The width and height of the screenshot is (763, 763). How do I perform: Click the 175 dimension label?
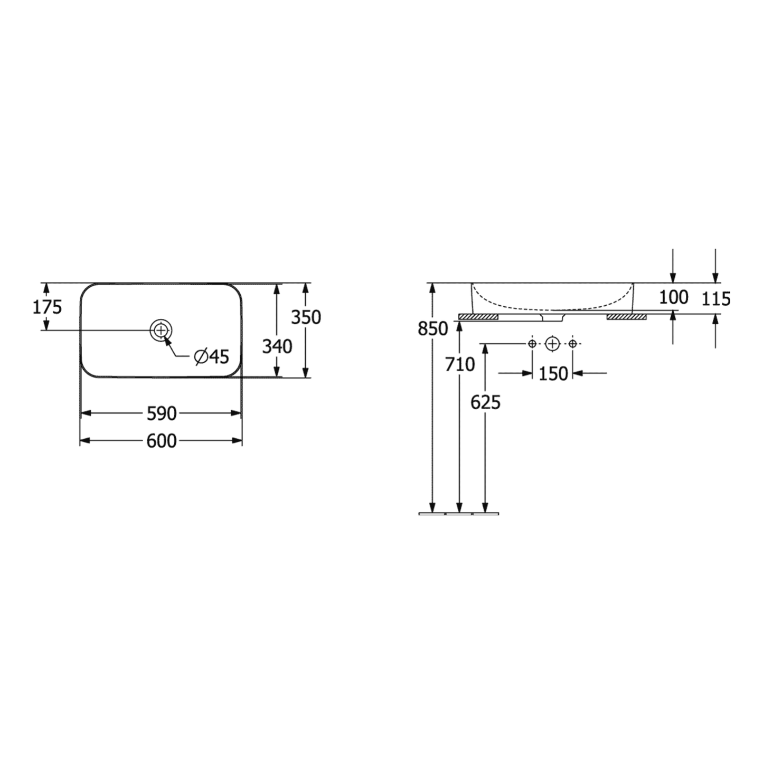coord(47,307)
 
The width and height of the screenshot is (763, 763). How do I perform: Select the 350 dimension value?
coord(306,317)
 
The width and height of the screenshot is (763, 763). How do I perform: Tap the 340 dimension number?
coord(277,347)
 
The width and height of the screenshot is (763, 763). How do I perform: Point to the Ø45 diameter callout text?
coord(212,357)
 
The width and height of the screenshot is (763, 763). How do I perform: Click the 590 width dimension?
coord(162,414)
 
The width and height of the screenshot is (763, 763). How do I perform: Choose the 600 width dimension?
coord(162,441)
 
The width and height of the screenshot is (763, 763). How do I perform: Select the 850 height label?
coord(433,328)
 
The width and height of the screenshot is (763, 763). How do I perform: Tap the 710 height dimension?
coord(460,365)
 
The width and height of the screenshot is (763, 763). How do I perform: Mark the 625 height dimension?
coord(486,403)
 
